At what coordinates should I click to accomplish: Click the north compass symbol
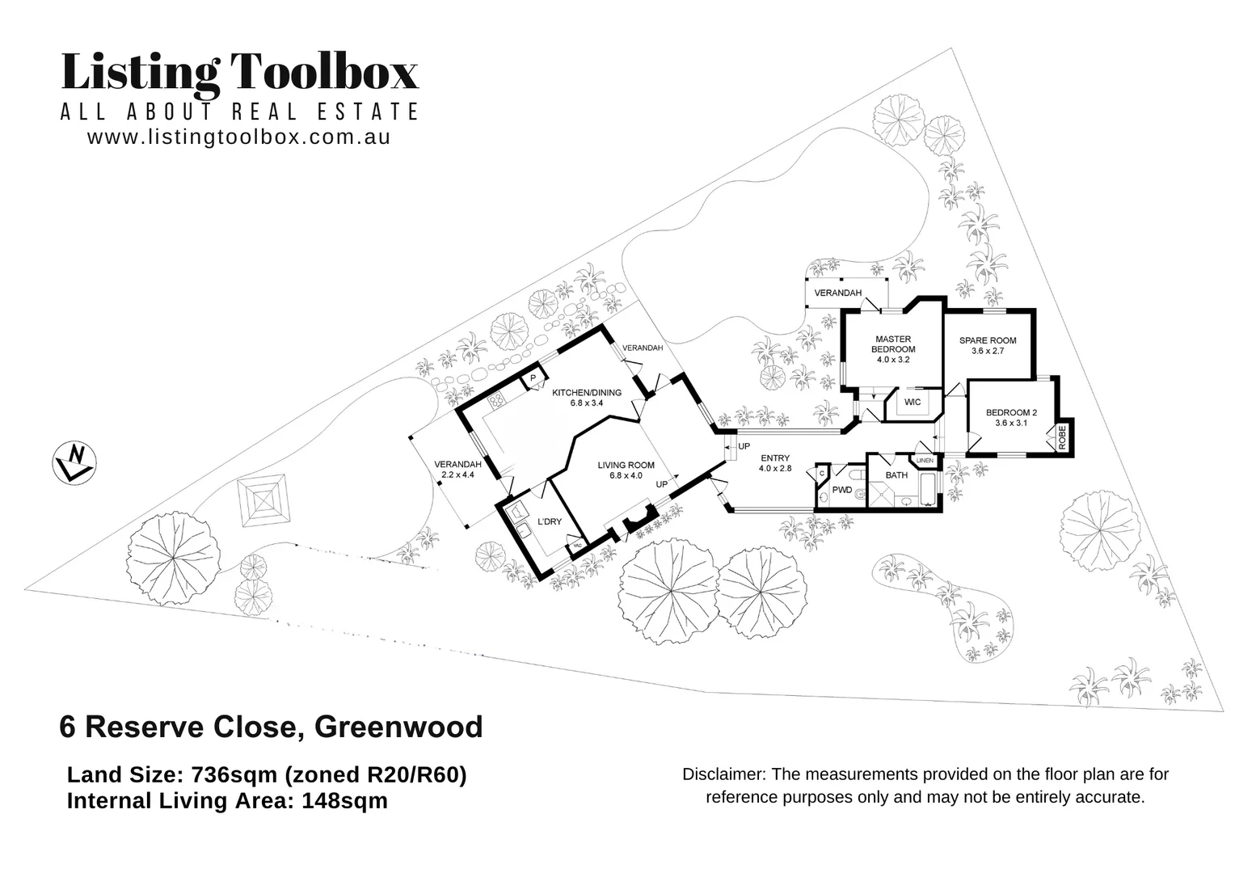(x=75, y=463)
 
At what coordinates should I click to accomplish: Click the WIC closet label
(x=913, y=403)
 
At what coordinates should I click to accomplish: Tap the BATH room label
(x=896, y=475)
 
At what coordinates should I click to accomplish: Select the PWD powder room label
(x=841, y=490)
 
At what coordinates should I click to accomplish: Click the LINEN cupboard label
(x=925, y=460)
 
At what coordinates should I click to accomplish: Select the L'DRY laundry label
(x=550, y=521)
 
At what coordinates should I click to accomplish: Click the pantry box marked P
(x=533, y=378)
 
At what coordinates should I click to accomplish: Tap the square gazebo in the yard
(x=263, y=500)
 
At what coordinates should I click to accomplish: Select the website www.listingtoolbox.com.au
(x=239, y=137)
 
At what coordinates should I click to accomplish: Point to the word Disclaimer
(x=723, y=774)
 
